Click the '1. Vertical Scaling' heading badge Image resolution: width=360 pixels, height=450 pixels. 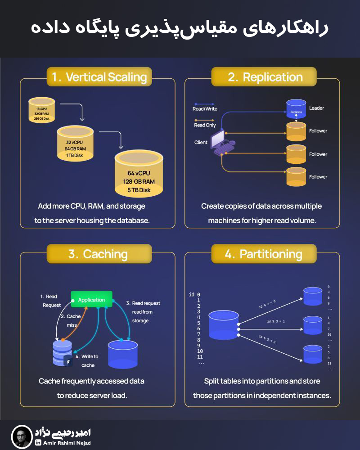pyautogui.click(x=99, y=77)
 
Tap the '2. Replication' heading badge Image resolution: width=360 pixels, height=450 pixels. pyautogui.click(x=265, y=77)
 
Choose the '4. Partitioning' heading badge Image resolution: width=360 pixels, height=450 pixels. pyautogui.click(x=264, y=254)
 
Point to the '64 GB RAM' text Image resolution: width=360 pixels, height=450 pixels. pyautogui.click(x=75, y=148)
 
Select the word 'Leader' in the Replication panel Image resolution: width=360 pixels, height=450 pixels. pyautogui.click(x=316, y=108)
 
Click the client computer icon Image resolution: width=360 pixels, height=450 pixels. pyautogui.click(x=221, y=143)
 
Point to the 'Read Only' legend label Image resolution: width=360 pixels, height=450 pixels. pyautogui.click(x=205, y=125)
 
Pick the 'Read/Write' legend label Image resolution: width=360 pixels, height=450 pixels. pyautogui.click(x=205, y=108)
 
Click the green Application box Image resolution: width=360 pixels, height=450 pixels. pyautogui.click(x=91, y=300)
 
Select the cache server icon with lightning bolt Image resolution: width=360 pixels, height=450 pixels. pyautogui.click(x=63, y=354)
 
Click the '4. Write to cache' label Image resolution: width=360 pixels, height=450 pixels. pyautogui.click(x=89, y=360)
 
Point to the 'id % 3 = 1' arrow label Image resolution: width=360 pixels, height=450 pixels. pyautogui.click(x=276, y=321)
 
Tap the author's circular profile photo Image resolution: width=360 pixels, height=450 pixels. pyautogui.click(x=22, y=436)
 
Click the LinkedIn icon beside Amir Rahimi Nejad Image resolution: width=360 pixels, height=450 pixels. pyautogui.click(x=38, y=443)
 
